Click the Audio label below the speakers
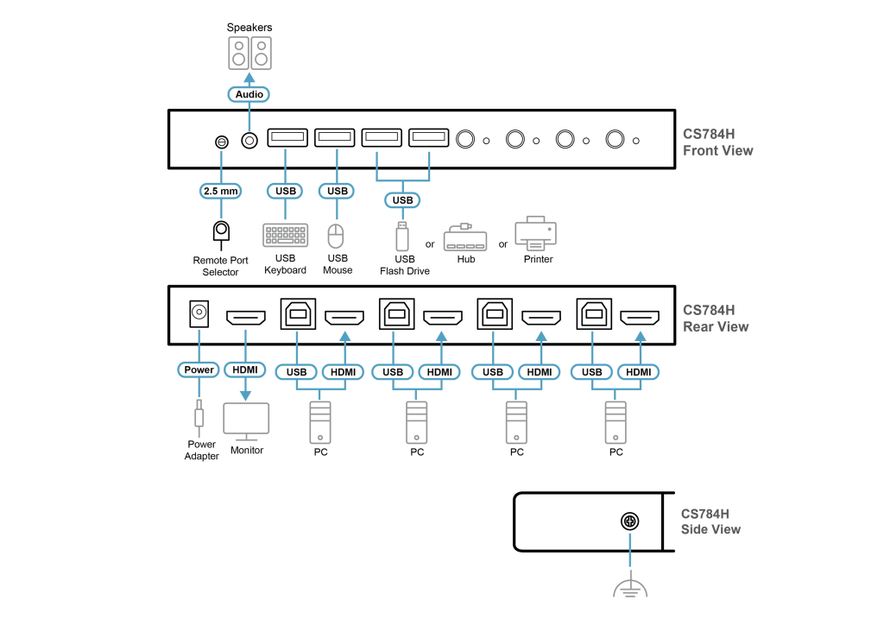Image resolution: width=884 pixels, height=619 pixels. [x=249, y=94]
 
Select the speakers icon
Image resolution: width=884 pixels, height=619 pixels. [x=249, y=53]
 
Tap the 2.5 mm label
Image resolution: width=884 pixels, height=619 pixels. [x=220, y=191]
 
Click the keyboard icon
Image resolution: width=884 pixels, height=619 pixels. [x=285, y=235]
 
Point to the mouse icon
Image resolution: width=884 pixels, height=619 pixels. [x=336, y=236]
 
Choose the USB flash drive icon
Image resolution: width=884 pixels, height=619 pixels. [x=402, y=237]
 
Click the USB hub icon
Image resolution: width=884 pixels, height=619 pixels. [x=465, y=239]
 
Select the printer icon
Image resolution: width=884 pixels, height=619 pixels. [x=535, y=233]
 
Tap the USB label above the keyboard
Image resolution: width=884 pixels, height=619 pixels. [x=285, y=191]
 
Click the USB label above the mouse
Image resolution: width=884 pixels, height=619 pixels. [x=336, y=191]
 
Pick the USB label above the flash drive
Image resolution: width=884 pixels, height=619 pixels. [x=402, y=200]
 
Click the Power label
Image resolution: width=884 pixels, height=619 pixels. [x=199, y=370]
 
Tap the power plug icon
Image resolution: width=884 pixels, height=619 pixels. [x=199, y=418]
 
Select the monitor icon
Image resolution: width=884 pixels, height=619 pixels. [x=246, y=420]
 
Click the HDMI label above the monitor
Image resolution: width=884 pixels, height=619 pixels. [x=245, y=370]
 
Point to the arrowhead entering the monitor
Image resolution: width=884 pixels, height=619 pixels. [x=245, y=395]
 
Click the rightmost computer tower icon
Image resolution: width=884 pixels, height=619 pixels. [x=616, y=422]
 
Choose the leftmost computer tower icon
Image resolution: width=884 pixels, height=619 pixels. [x=320, y=422]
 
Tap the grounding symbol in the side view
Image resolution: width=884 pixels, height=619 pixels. [x=630, y=587]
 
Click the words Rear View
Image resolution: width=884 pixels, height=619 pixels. [x=716, y=327]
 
